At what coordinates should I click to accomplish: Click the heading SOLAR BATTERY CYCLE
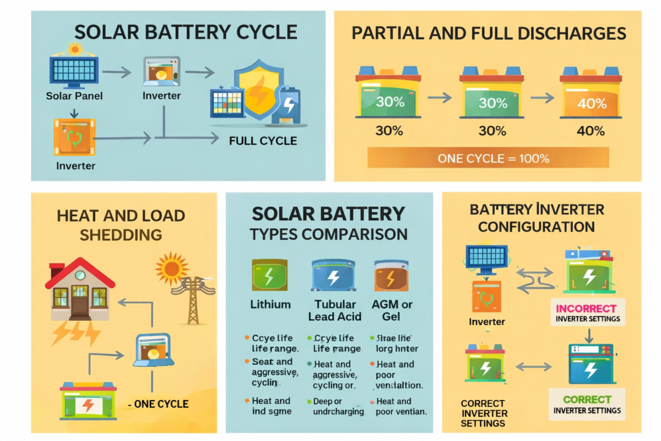[x=186, y=31]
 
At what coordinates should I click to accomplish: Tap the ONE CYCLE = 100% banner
[x=488, y=158]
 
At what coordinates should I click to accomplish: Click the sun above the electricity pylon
[x=172, y=268]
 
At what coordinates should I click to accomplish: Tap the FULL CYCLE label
[x=263, y=141]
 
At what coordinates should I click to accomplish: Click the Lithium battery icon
[x=269, y=275]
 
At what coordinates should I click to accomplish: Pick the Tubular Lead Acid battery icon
[x=333, y=275]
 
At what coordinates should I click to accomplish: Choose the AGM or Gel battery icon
[x=391, y=275]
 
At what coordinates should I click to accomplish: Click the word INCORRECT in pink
[x=586, y=309]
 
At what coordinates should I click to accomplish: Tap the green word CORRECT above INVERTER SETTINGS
[x=587, y=400]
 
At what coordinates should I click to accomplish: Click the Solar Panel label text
[x=74, y=96]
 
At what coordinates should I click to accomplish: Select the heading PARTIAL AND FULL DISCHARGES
[x=489, y=34]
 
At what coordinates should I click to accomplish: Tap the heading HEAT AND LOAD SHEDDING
[x=121, y=224]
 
